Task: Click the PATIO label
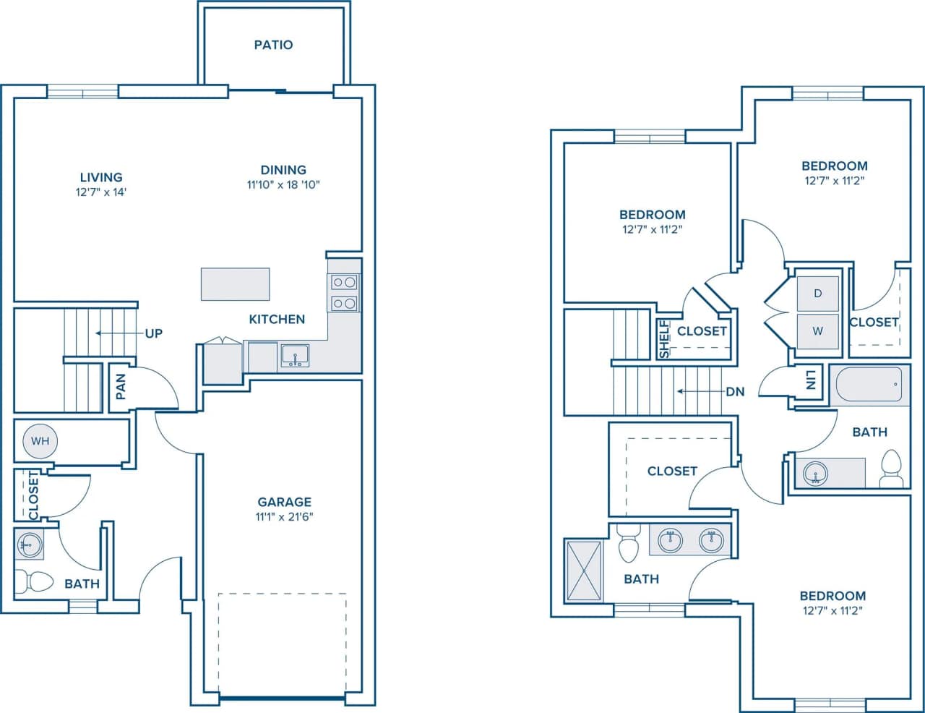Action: click(x=273, y=45)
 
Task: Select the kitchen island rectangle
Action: click(x=235, y=283)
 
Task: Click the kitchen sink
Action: click(x=295, y=356)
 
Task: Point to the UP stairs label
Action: click(x=154, y=333)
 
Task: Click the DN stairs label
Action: click(x=735, y=392)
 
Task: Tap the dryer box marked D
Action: click(x=818, y=293)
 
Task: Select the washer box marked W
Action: click(x=818, y=331)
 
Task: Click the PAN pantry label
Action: click(x=121, y=386)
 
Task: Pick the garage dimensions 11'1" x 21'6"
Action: click(x=284, y=516)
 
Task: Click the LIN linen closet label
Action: click(x=811, y=380)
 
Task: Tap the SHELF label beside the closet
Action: click(x=664, y=340)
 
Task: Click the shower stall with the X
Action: click(x=584, y=571)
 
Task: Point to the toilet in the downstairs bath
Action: click(x=35, y=581)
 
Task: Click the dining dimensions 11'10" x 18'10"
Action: click(x=283, y=184)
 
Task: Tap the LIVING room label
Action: click(x=101, y=177)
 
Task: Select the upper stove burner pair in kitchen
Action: click(x=344, y=283)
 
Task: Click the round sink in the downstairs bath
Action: click(x=30, y=544)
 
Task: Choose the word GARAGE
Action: click(x=285, y=502)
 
